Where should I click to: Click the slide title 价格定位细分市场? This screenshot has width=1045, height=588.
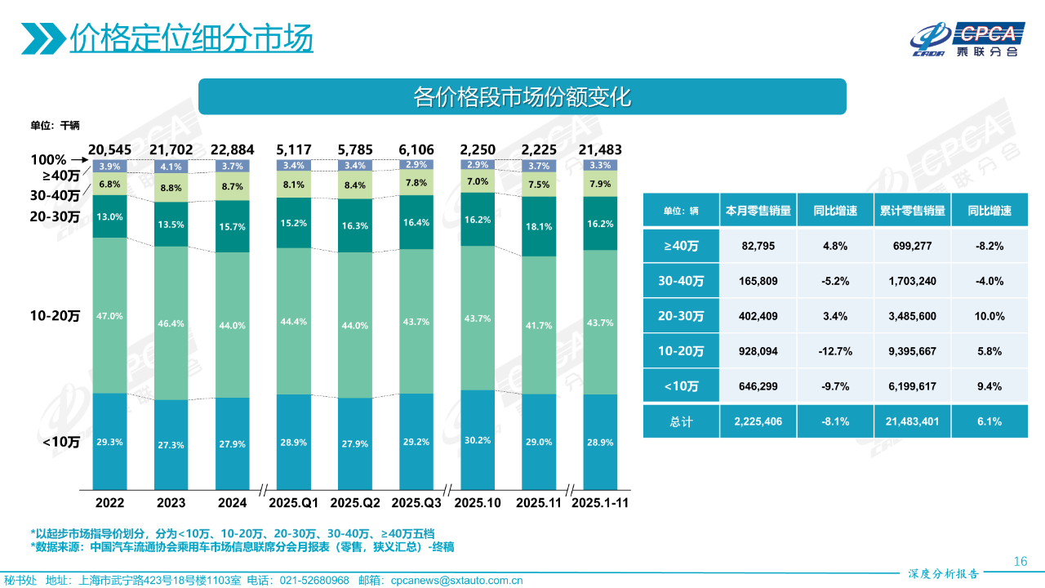[x=191, y=38]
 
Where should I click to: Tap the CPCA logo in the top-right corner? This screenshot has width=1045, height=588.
[x=967, y=39]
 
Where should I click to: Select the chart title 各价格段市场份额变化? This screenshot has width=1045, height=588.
[x=522, y=96]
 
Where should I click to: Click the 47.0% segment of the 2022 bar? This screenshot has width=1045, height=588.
[x=109, y=315]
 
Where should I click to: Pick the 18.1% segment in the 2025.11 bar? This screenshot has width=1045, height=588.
[x=540, y=226]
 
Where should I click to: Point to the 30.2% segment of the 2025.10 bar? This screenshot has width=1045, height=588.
[x=478, y=439]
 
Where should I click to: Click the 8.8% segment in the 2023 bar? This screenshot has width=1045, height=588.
[x=171, y=188]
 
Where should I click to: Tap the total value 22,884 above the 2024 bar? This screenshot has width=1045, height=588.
[x=232, y=149]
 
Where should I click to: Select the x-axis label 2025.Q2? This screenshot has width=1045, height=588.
[x=355, y=502]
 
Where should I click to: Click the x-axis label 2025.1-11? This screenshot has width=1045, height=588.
[x=600, y=502]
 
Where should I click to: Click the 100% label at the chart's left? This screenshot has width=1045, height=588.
[x=50, y=160]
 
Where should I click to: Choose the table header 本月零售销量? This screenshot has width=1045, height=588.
[x=758, y=211]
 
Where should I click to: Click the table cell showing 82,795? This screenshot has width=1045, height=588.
[x=758, y=245]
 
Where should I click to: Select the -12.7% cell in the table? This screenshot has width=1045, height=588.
[x=836, y=351]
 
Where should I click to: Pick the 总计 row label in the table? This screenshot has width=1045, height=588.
[x=681, y=421]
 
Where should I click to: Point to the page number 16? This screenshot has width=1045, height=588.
[x=1019, y=561]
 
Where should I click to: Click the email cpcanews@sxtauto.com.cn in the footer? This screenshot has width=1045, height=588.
[x=456, y=581]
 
